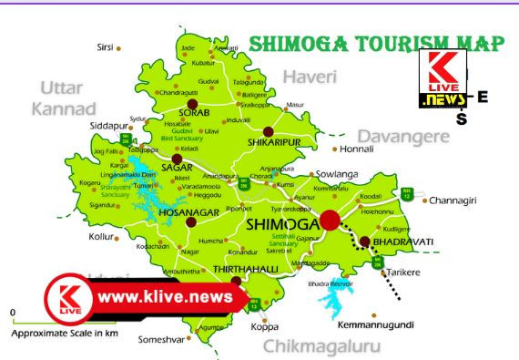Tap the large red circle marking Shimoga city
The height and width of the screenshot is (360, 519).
coord(329,220)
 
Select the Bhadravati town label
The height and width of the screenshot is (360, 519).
coord(402,242)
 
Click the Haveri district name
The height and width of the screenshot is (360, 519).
coord(309,75)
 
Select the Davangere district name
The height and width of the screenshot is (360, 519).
coord(402,136)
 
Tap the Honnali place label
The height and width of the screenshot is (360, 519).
coord(357,149)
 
